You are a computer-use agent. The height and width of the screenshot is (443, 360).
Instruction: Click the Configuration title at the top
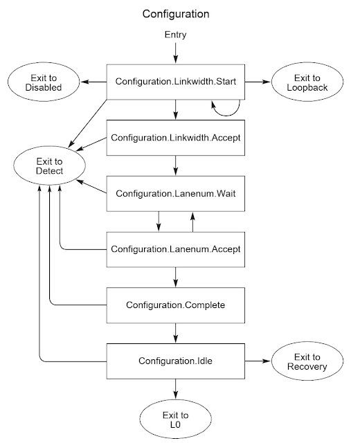click(175, 13)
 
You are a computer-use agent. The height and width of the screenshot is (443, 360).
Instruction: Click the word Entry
click(175, 34)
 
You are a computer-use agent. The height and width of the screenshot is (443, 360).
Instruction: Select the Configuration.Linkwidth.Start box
click(176, 81)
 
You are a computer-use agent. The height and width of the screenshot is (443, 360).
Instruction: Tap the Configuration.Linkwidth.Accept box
click(176, 138)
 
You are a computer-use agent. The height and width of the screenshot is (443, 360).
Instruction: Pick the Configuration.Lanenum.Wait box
click(176, 194)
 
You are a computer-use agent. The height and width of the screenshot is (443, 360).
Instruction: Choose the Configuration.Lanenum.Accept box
click(176, 248)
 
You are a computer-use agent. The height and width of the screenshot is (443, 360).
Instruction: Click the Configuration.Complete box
click(176, 305)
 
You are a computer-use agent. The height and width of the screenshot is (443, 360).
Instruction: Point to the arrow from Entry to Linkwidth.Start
click(176, 52)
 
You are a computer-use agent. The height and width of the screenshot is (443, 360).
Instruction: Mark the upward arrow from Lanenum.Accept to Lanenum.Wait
click(193, 221)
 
